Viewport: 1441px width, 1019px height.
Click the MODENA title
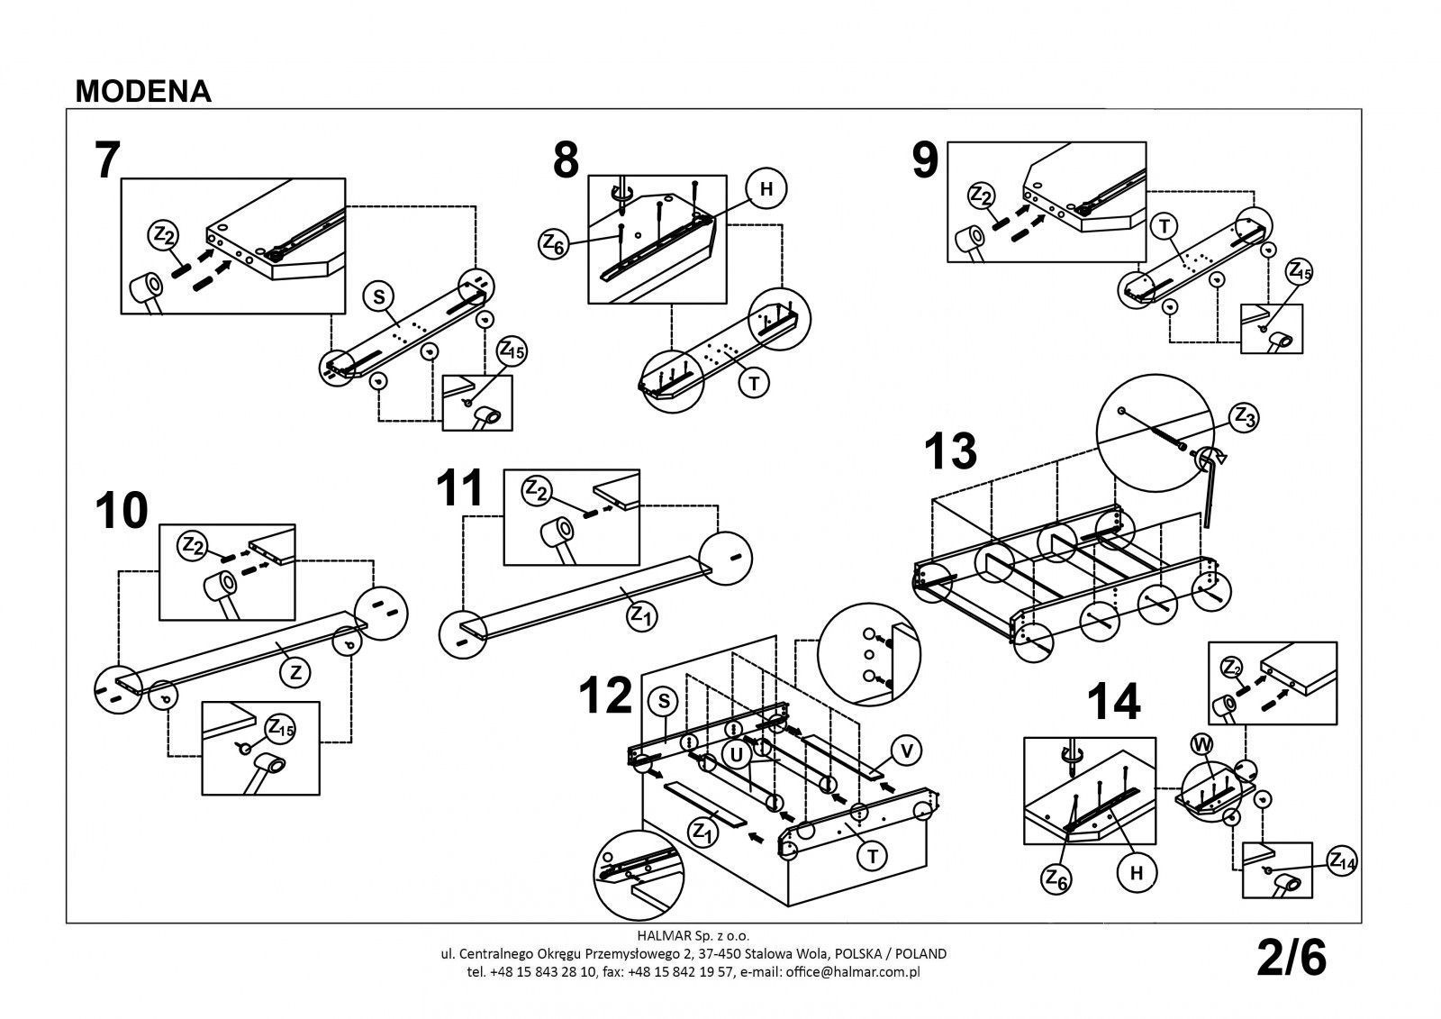tap(144, 91)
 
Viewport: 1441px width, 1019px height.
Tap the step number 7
tap(106, 160)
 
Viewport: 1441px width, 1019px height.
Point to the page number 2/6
tap(1291, 959)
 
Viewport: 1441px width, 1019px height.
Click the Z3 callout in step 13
tap(1245, 416)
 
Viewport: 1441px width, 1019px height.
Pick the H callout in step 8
tap(767, 188)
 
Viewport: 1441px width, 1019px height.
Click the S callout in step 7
tap(378, 296)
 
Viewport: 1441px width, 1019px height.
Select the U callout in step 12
tap(737, 755)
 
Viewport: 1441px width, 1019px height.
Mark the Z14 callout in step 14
tap(1341, 861)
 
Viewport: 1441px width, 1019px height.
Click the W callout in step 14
tap(1201, 744)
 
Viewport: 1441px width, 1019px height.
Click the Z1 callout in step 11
tap(639, 616)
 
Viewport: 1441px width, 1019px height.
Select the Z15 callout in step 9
tap(1300, 269)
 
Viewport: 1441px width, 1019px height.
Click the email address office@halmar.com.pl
tap(852, 972)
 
